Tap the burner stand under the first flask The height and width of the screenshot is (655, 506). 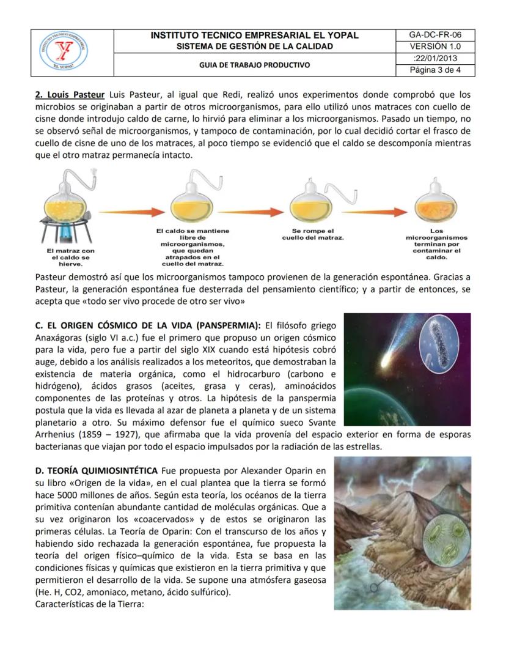click(x=65, y=233)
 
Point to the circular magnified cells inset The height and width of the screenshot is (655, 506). click(x=445, y=537)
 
